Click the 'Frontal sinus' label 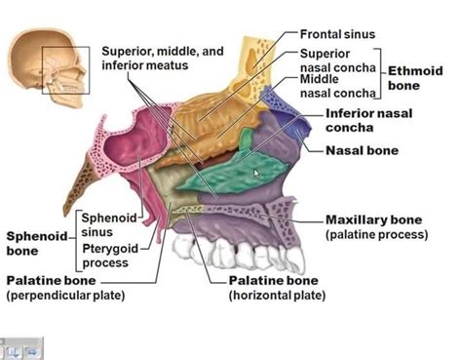337,34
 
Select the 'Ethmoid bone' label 415,78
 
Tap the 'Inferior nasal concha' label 368,120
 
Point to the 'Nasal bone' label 362,150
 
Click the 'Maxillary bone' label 373,220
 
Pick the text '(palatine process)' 376,234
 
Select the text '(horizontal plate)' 277,296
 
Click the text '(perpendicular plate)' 65,296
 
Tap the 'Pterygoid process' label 110,256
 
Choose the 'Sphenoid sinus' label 108,224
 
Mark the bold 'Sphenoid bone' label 37,243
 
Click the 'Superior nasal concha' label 337,60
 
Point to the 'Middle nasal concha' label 337,86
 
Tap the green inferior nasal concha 234,169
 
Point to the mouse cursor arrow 256,174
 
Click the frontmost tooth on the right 295,260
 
